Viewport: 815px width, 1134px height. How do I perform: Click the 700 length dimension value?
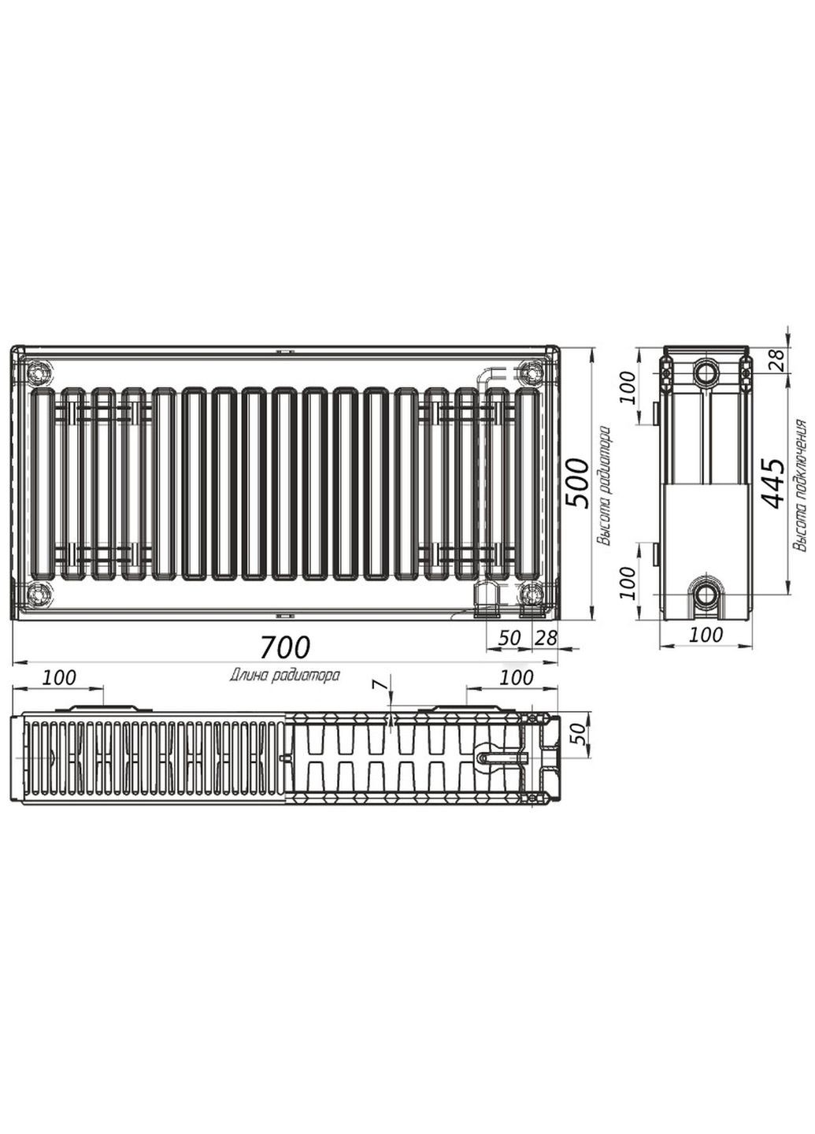[x=287, y=647]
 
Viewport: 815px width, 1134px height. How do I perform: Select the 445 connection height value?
[x=774, y=482]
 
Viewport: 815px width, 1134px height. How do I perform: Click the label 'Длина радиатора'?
[x=285, y=675]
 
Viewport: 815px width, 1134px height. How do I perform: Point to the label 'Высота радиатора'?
[x=604, y=486]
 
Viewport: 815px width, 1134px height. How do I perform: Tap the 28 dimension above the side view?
[x=776, y=360]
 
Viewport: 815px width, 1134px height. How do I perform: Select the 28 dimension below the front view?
[x=546, y=638]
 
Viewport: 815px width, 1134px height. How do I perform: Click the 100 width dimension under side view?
[x=706, y=634]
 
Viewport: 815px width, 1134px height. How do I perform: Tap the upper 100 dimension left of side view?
[x=628, y=387]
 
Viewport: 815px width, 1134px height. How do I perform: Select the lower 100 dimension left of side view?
[x=628, y=583]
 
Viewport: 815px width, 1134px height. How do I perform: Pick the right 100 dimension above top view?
[x=516, y=677]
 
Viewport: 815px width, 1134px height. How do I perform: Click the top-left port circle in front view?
[x=39, y=370]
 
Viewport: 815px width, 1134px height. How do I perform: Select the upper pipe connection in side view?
[x=706, y=372]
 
